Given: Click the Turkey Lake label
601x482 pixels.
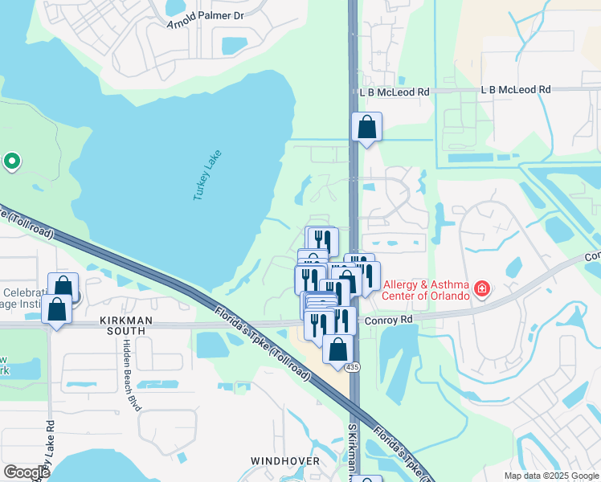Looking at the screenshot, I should pyautogui.click(x=207, y=175).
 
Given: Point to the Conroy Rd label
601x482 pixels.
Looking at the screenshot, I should pyautogui.click(x=388, y=319).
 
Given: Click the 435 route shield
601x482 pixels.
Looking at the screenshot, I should pyautogui.click(x=354, y=366).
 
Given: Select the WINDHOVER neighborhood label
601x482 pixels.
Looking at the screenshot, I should pyautogui.click(x=284, y=461).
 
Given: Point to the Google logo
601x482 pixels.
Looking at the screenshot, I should pyautogui.click(x=27, y=472).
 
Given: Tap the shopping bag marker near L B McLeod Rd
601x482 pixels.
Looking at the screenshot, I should pyautogui.click(x=366, y=127).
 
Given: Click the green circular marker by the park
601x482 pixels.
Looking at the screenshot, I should pyautogui.click(x=11, y=162).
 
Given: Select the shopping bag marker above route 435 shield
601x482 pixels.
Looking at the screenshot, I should pyautogui.click(x=338, y=349).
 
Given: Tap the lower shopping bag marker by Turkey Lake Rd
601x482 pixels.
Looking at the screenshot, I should pyautogui.click(x=56, y=309).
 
